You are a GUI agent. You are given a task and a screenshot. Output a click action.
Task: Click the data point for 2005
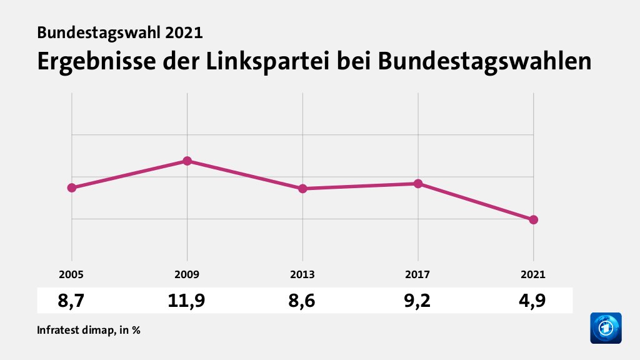point(72,187)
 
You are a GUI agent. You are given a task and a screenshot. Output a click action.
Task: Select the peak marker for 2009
point(187,161)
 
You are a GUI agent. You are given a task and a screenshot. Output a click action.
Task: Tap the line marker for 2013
point(302,189)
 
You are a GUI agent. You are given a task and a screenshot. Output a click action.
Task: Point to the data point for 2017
point(418,184)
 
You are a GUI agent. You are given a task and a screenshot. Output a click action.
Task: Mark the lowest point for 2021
point(533,220)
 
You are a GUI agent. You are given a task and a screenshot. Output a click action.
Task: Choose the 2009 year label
point(187,274)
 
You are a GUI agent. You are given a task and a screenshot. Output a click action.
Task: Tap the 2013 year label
point(302,274)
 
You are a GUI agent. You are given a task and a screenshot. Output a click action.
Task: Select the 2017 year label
point(418,274)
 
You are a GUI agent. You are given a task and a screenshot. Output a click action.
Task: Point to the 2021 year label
point(533,274)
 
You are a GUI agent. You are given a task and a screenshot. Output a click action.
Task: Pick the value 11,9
point(187,301)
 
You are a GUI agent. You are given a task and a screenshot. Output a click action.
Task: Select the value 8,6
point(302,301)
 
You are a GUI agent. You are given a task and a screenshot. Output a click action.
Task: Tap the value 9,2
point(418,301)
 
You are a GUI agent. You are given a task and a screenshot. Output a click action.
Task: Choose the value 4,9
point(533,301)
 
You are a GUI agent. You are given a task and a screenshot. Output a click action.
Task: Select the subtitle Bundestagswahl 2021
point(120,32)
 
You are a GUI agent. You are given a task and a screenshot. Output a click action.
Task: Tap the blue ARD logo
point(606,328)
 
